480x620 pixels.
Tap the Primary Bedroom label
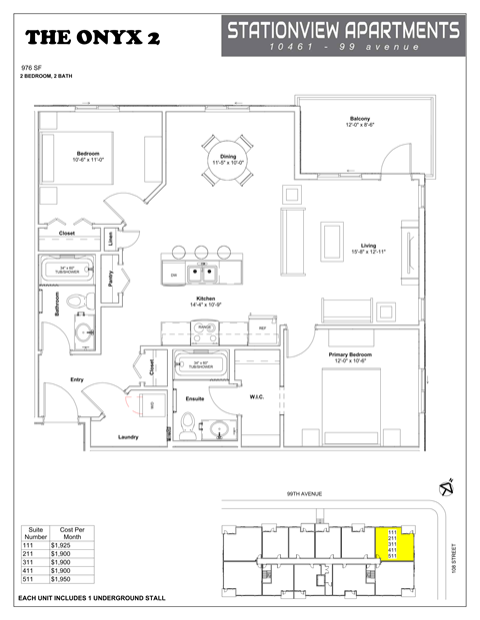356,356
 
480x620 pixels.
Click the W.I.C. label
257,397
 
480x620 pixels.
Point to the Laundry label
128,436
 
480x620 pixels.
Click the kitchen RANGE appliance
205,326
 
